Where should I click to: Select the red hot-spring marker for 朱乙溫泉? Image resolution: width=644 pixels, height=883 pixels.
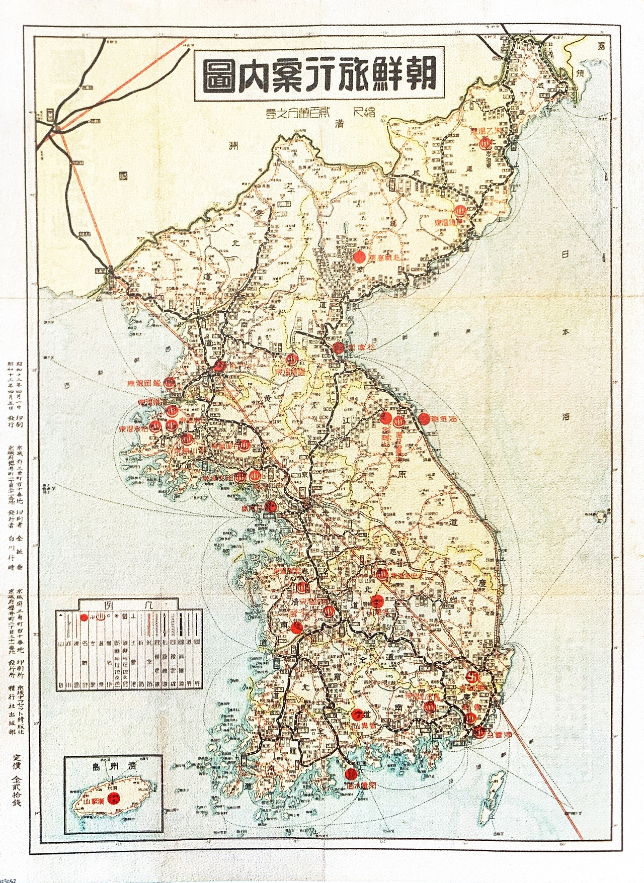pyautogui.click(x=485, y=142)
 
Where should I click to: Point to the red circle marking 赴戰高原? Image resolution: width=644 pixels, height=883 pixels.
pyautogui.click(x=359, y=257)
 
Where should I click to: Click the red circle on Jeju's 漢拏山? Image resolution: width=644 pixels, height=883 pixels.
pyautogui.click(x=115, y=798)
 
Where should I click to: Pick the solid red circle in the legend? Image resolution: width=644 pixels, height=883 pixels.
pyautogui.click(x=84, y=617)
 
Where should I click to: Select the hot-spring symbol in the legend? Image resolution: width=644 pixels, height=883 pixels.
pyautogui.click(x=100, y=617)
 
